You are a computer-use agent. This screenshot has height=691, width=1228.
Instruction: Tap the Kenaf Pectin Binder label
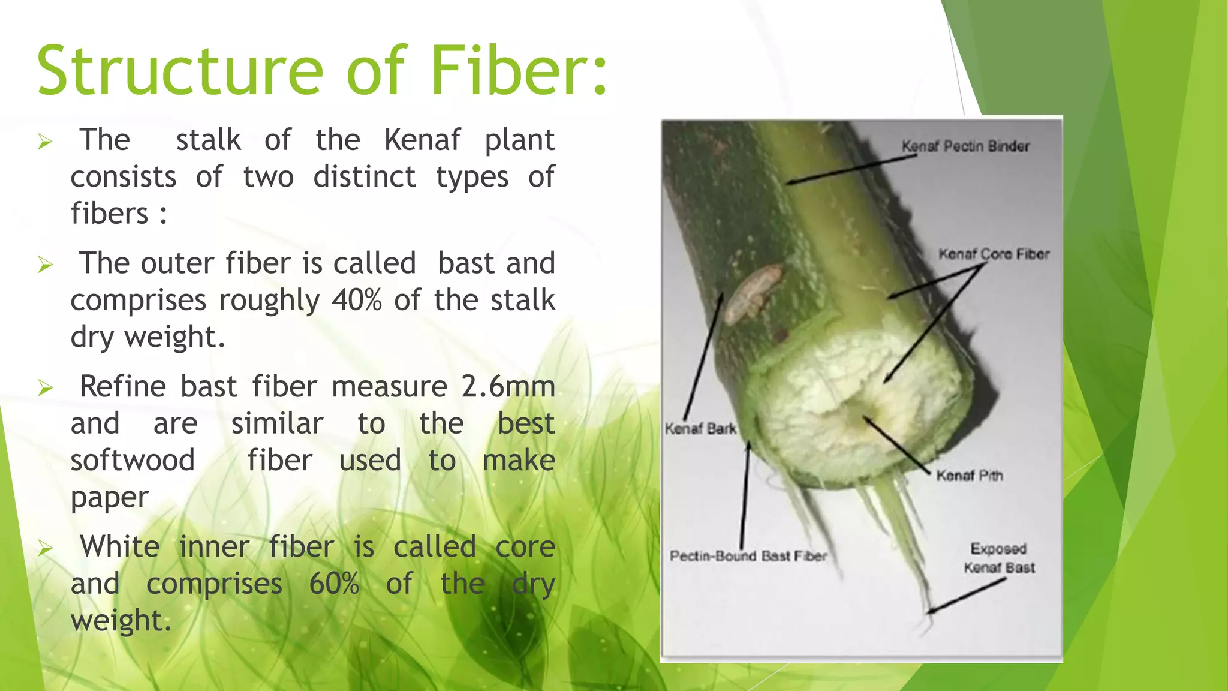click(965, 146)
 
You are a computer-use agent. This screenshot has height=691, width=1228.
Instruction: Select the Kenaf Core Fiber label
click(994, 254)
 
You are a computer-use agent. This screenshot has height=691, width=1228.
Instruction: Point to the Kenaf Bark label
click(700, 429)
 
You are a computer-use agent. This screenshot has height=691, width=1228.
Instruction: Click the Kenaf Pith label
click(969, 476)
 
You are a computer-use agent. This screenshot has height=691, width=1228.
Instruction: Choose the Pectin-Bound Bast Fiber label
click(748, 556)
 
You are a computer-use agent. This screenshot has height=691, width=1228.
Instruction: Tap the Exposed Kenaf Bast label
click(999, 558)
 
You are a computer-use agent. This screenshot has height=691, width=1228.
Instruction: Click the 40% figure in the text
click(357, 300)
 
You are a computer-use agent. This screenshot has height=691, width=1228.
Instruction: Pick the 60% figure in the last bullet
click(334, 584)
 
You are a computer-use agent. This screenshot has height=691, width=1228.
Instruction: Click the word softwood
click(133, 461)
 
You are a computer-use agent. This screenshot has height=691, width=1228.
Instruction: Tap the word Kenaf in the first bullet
click(422, 140)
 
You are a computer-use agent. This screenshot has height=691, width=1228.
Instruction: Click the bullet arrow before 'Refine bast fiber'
click(46, 387)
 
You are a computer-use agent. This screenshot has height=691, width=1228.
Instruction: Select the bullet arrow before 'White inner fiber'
click(46, 548)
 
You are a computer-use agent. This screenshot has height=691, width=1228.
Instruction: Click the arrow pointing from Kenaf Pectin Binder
click(851, 169)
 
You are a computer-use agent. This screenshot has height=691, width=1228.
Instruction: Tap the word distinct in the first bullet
click(365, 177)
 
